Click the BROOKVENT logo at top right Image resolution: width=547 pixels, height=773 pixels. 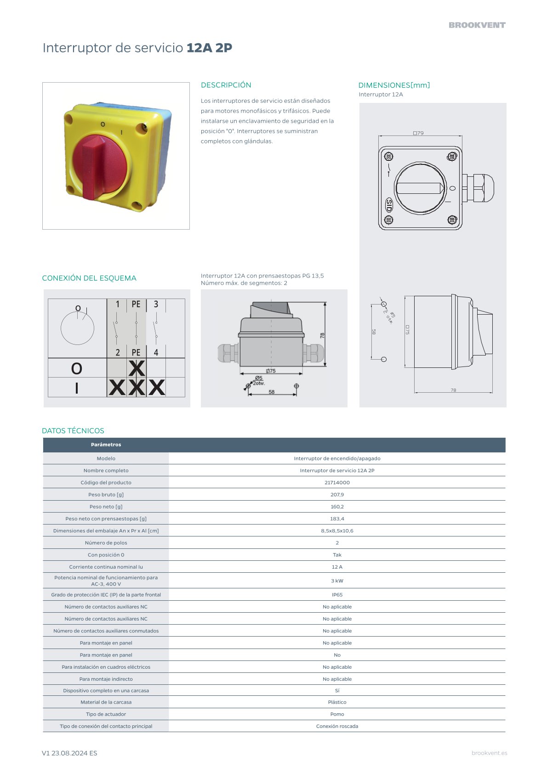[477, 25]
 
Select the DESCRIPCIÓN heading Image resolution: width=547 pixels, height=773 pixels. [226, 85]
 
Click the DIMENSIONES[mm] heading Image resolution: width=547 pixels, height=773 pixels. [394, 85]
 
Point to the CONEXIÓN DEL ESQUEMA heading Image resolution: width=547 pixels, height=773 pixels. [89, 278]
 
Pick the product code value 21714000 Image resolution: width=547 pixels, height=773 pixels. [337, 482]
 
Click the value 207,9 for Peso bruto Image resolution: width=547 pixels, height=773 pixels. [337, 495]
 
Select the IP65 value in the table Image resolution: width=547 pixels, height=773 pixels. [337, 594]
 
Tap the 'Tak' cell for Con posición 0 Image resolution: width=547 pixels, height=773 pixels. [337, 555]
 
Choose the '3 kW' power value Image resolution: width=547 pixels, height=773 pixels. [337, 581]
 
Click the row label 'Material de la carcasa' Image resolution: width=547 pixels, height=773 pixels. [106, 702]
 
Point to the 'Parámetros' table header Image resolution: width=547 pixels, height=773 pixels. [106, 445]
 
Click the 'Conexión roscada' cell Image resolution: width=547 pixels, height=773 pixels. [337, 726]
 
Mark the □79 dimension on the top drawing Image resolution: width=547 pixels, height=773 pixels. [418, 133]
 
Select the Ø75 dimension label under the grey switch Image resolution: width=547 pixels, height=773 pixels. [271, 371]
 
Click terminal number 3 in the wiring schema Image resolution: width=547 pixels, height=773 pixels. [156, 304]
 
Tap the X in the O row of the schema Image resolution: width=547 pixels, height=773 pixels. [137, 368]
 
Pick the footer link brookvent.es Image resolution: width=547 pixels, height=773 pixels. [489, 753]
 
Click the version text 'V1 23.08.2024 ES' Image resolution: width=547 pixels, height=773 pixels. [69, 753]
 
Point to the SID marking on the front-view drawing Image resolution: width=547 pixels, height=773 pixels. [389, 205]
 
